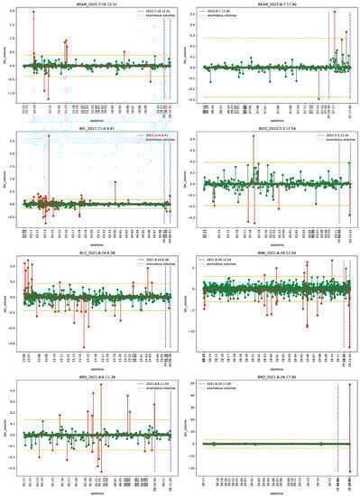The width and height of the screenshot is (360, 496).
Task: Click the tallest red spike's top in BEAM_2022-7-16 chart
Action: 33,13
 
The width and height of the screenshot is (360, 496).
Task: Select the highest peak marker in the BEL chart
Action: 49,136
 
